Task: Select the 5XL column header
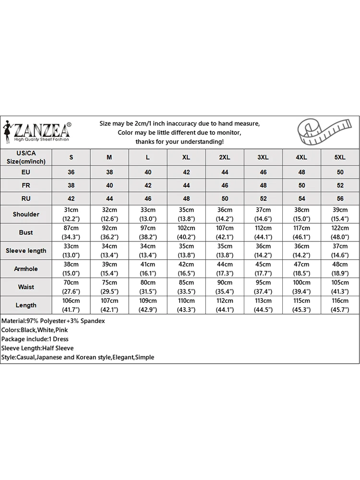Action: click(340, 157)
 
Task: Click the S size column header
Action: click(71, 157)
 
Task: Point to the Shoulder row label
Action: click(26, 214)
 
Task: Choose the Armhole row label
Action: click(26, 269)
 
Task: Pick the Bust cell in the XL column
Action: click(186, 232)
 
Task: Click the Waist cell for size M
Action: click(109, 287)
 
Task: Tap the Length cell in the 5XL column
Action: click(340, 305)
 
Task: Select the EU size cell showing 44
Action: click(225, 172)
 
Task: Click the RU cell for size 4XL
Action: click(301, 198)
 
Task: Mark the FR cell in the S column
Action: click(71, 185)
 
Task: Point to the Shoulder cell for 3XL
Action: click(263, 214)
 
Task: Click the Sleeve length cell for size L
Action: click(148, 251)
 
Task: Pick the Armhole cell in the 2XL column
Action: click(225, 269)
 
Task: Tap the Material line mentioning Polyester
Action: click(53, 321)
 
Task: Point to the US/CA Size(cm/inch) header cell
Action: click(26, 157)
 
